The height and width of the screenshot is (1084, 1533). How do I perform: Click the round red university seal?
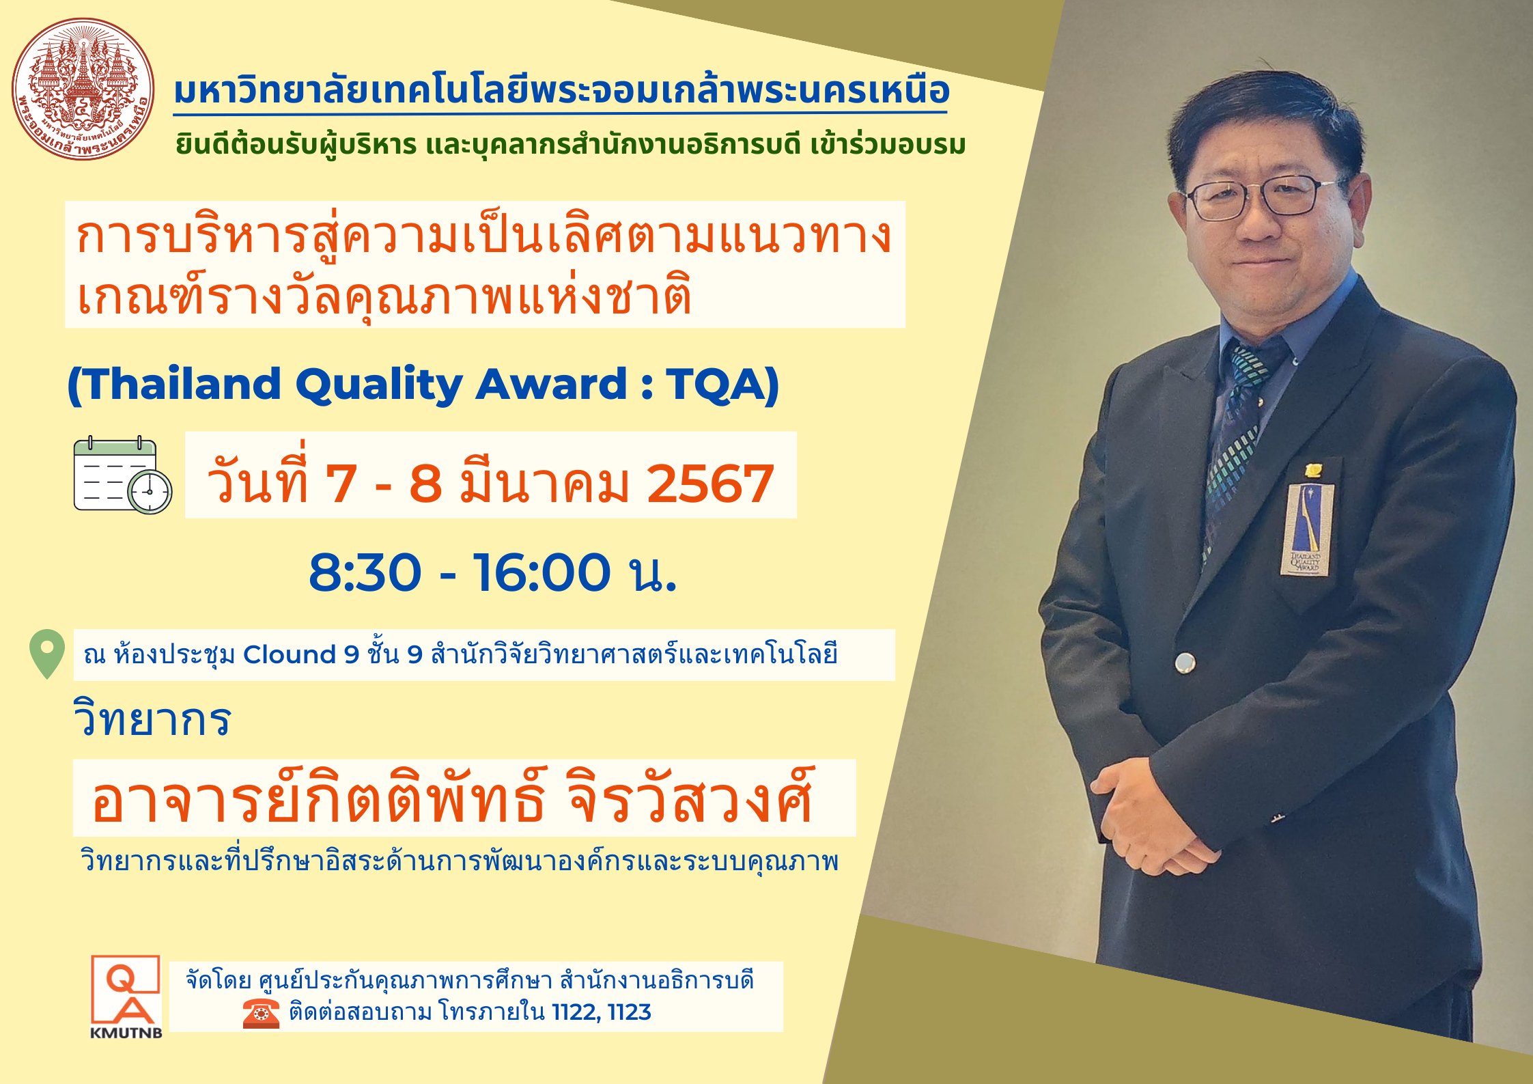tap(83, 89)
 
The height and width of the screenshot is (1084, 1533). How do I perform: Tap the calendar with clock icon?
tap(123, 475)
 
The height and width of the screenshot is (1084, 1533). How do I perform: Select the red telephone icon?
tap(261, 1013)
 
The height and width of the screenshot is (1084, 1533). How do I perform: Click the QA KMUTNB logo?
tap(126, 997)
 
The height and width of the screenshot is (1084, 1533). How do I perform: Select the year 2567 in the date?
tap(710, 484)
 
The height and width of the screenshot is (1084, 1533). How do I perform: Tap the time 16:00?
tap(541, 572)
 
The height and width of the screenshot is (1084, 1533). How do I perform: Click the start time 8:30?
tap(365, 572)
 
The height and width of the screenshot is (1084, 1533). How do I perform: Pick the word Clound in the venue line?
tap(290, 654)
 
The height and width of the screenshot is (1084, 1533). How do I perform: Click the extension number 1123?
tap(629, 1012)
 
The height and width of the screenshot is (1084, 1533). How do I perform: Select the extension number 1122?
tap(575, 1012)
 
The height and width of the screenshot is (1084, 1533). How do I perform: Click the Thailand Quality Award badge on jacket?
tap(1306, 529)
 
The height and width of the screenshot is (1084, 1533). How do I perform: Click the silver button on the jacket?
tap(1185, 662)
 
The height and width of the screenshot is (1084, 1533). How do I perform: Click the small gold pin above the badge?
tap(1312, 470)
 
